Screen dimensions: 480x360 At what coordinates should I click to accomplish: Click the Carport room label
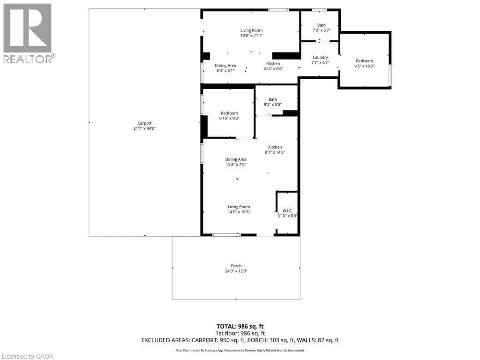[x=144, y=123]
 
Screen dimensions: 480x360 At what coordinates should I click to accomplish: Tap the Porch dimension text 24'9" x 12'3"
[x=236, y=271]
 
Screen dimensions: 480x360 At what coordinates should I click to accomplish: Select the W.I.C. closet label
[x=287, y=210]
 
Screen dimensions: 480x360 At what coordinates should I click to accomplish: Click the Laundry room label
[x=320, y=57]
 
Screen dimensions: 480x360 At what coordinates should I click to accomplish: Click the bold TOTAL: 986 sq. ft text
[x=240, y=326]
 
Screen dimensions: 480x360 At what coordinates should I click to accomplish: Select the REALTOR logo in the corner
[x=28, y=33]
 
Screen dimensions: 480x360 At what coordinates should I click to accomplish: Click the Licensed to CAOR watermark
[x=28, y=356]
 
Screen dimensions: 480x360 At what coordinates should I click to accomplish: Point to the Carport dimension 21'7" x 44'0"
[x=144, y=128]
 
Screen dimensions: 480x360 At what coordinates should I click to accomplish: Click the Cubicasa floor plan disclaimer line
[x=240, y=350]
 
